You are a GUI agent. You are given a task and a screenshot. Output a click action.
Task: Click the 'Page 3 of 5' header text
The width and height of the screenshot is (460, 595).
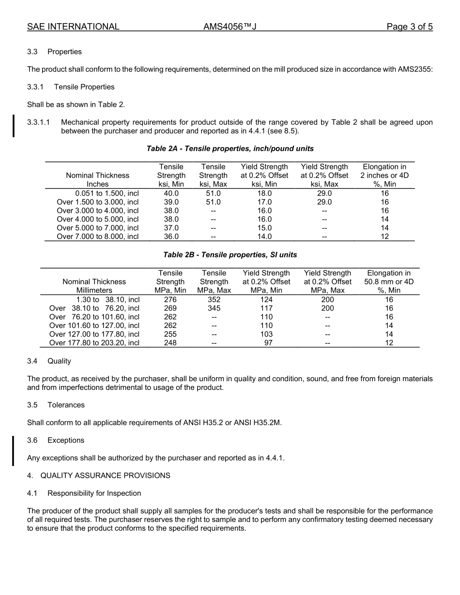409,27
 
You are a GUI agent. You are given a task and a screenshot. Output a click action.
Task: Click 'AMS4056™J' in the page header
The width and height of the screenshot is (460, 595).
230,27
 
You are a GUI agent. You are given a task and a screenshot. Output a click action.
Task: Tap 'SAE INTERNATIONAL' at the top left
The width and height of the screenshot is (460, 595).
73,27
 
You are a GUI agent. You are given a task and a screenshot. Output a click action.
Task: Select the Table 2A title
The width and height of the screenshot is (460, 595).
230,149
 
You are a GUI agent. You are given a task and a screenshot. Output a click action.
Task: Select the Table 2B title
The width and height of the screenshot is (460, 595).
230,254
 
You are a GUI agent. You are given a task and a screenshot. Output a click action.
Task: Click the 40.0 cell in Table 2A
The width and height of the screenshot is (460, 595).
171,193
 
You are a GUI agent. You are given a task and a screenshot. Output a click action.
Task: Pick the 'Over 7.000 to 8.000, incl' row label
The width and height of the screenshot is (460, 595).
98,237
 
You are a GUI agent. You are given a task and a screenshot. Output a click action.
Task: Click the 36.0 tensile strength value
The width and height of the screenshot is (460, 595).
171,237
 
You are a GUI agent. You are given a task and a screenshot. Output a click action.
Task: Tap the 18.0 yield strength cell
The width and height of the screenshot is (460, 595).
264,193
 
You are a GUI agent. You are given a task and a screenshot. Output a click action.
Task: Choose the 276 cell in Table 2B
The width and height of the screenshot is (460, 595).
170,299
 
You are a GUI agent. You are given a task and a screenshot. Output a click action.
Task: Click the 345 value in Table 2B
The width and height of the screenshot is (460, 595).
214,308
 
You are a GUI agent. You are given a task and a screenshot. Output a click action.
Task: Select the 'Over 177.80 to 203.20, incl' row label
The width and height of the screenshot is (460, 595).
94,343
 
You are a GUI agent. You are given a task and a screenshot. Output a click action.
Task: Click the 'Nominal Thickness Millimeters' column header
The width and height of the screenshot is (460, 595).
94,286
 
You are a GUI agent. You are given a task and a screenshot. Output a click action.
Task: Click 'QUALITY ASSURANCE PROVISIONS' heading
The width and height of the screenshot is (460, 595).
105,476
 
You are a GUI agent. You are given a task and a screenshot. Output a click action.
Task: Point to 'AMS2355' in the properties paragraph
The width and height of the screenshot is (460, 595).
415,69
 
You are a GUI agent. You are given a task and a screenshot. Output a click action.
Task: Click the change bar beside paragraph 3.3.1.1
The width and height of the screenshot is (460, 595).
14,126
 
